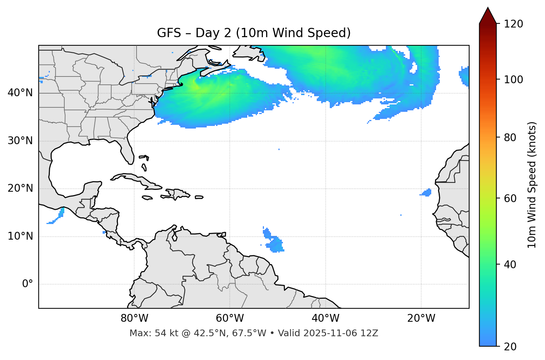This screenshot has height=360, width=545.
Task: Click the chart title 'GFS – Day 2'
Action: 254,33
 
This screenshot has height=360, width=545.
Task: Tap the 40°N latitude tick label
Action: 20,93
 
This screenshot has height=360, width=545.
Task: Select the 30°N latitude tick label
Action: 20,141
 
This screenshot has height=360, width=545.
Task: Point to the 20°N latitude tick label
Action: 20,188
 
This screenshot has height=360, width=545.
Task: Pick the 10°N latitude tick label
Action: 20,236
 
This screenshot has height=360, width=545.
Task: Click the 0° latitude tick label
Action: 27,284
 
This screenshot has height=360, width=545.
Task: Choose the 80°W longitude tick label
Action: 134,318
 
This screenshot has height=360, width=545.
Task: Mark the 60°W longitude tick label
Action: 230,318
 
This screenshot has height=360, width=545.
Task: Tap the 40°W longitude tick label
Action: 325,318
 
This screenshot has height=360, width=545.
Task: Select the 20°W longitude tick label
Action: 421,318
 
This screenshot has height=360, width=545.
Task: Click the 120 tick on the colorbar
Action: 513,24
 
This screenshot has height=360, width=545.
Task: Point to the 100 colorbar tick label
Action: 513,80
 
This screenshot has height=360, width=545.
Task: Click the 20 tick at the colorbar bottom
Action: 511,347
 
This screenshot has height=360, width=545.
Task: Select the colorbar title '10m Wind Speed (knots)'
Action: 532,185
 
